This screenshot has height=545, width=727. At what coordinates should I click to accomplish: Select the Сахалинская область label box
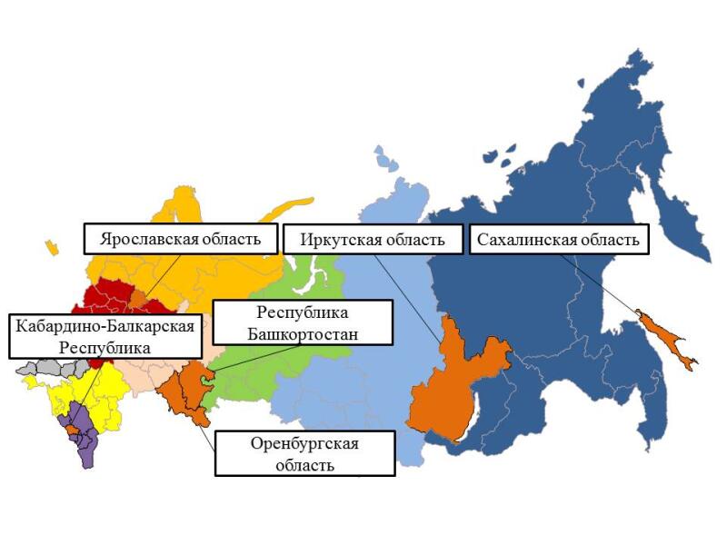(x=559, y=240)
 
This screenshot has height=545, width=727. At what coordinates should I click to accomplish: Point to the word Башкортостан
(x=303, y=333)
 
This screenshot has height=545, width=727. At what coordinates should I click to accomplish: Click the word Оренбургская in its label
(x=305, y=444)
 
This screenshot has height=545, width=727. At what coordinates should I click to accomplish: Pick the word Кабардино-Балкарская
(x=104, y=326)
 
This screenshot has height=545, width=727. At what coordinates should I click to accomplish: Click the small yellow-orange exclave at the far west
(x=53, y=247)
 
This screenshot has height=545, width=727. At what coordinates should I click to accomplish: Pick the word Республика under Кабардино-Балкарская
(x=104, y=347)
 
